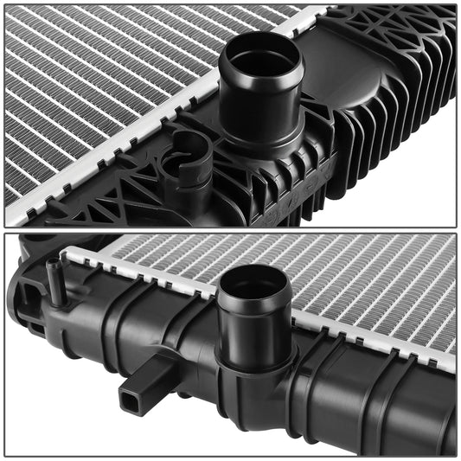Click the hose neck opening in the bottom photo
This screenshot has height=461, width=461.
(254, 285)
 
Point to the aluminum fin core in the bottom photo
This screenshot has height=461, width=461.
(363, 285)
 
